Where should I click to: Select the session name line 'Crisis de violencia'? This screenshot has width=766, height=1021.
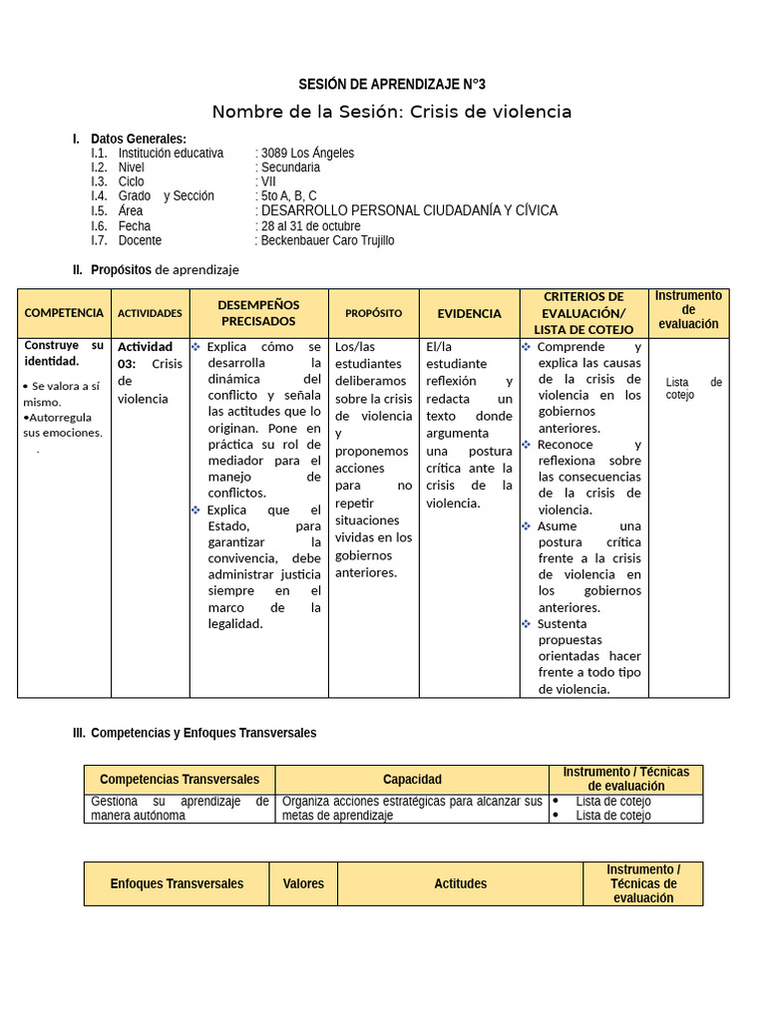coord(392,112)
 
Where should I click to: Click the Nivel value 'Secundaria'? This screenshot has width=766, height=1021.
coord(290,168)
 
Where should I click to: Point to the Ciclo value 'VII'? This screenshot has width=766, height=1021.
coord(268,182)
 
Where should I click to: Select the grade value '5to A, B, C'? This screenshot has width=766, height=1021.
coord(288,196)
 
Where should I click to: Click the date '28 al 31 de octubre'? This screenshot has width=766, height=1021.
coord(310,226)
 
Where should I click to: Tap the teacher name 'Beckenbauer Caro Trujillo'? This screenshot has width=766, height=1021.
coord(327,240)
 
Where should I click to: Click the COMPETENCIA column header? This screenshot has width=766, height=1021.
coord(64,313)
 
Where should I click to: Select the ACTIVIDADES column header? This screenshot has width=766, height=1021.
coord(150,313)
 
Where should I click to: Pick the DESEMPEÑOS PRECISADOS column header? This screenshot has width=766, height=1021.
coord(258,313)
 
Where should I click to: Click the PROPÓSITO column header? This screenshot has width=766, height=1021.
coord(373,313)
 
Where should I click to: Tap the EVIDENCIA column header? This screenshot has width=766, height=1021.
coord(469,313)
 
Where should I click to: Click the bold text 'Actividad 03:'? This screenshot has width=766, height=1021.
coord(145,355)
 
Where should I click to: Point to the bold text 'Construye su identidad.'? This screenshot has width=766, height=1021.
coord(64,353)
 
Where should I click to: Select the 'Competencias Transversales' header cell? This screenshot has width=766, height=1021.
coord(180,780)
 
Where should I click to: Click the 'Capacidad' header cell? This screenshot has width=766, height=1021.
coord(412,780)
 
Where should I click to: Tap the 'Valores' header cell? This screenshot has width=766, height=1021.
coord(303,883)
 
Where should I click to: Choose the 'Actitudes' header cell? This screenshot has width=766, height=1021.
coord(460,883)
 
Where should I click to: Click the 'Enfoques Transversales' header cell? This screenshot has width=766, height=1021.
coord(177,883)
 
